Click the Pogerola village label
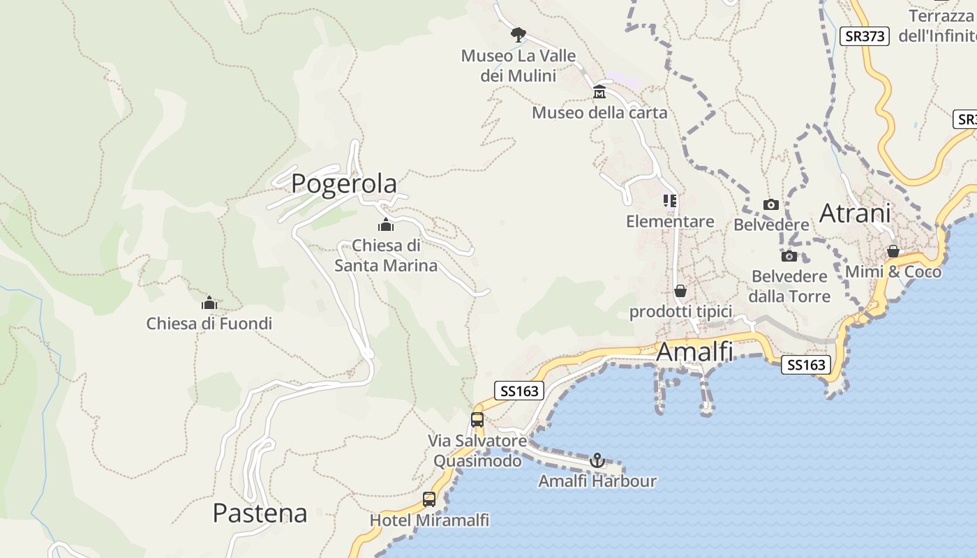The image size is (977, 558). click(344, 183)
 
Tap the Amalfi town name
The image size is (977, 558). click(694, 352)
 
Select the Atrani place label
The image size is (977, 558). click(855, 213)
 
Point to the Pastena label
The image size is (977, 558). click(260, 513)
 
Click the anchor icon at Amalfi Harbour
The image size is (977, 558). click(597, 460)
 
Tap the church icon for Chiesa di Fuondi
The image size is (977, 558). click(209, 303)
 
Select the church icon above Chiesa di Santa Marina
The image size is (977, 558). click(385, 225)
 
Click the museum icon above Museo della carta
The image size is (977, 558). click(599, 92)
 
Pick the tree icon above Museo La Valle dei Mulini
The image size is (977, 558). click(518, 34)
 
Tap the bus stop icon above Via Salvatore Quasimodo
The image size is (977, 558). click(477, 420)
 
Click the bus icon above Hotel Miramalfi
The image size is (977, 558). click(429, 499)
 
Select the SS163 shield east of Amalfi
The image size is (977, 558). click(806, 364)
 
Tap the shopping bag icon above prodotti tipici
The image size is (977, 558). click(680, 291)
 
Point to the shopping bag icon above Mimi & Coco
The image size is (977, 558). click(893, 251)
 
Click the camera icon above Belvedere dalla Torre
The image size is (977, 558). click(789, 256)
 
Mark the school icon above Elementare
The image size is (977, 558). click(670, 201)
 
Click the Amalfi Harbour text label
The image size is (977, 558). click(597, 481)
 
